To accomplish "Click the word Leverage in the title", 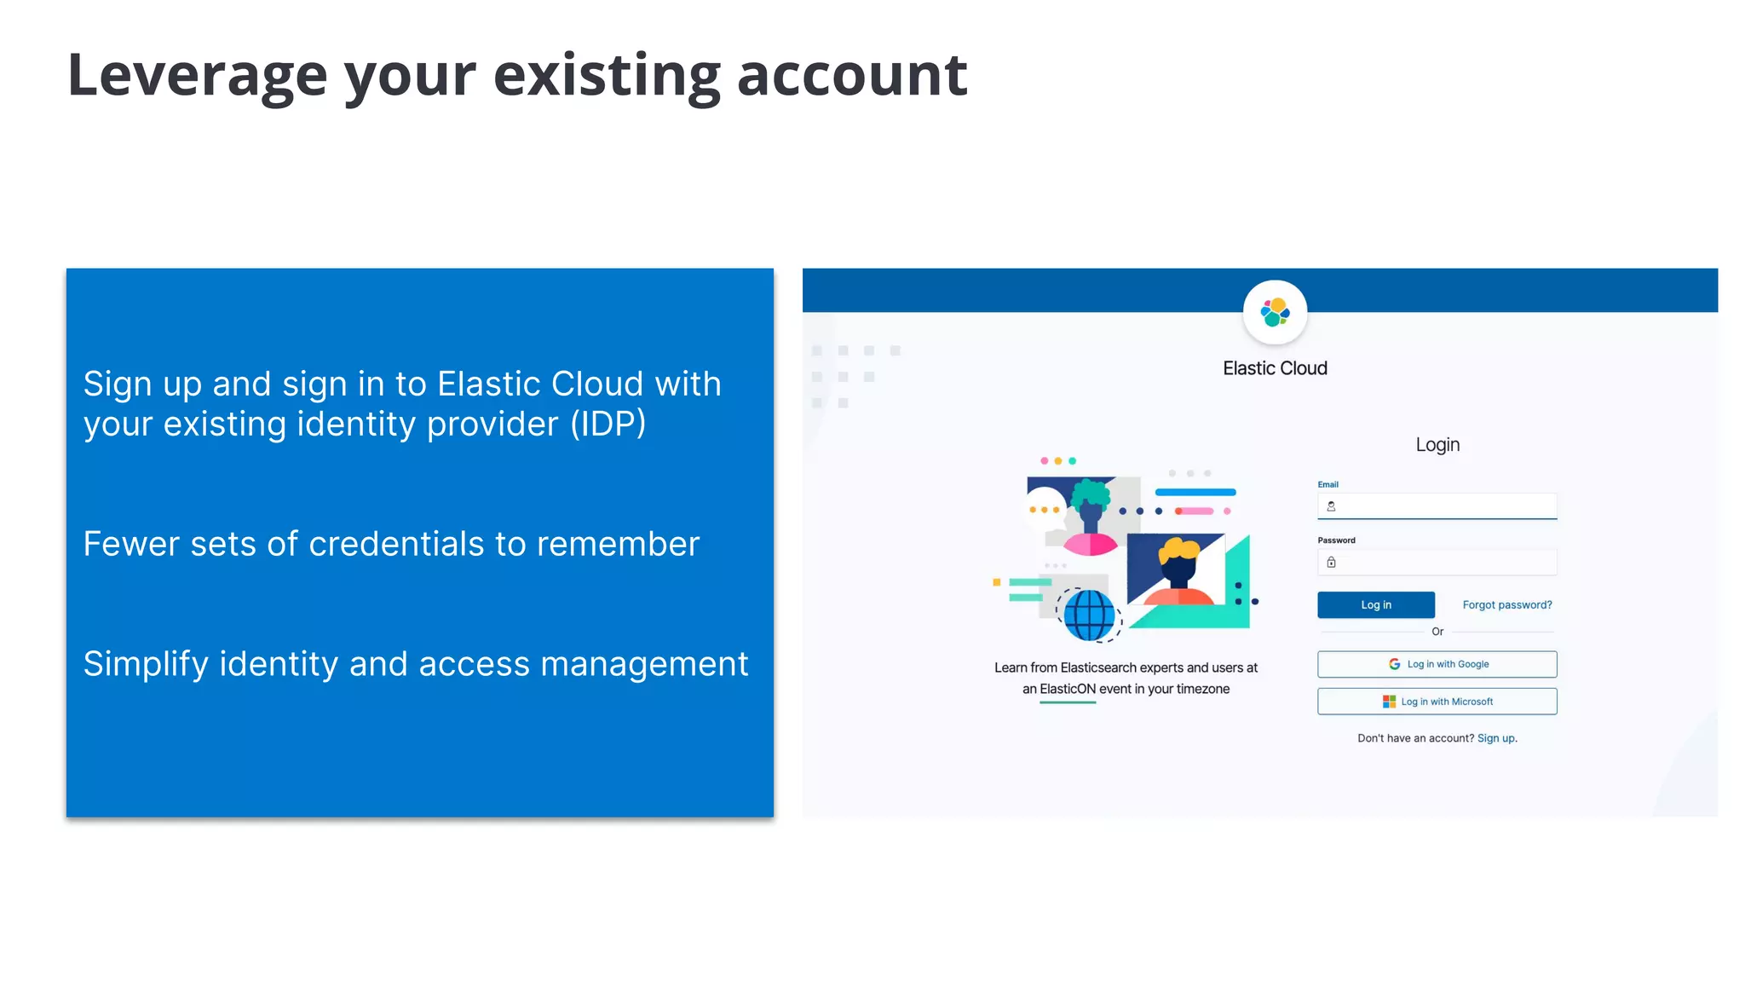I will point(197,75).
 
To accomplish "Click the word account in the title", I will point(851,75).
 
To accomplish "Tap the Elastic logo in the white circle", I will point(1275,312).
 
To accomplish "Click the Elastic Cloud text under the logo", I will point(1275,368).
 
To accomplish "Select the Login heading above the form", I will point(1437,445).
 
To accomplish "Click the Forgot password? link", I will point(1506,605).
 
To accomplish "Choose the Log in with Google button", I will point(1437,664).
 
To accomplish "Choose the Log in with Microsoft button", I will point(1437,702).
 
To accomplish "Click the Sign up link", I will point(1495,738).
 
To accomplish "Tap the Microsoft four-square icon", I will point(1389,702).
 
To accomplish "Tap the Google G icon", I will point(1394,664).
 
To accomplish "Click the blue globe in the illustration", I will point(1089,614).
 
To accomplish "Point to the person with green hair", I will point(1091,511).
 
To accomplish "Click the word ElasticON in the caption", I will point(1067,689).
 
